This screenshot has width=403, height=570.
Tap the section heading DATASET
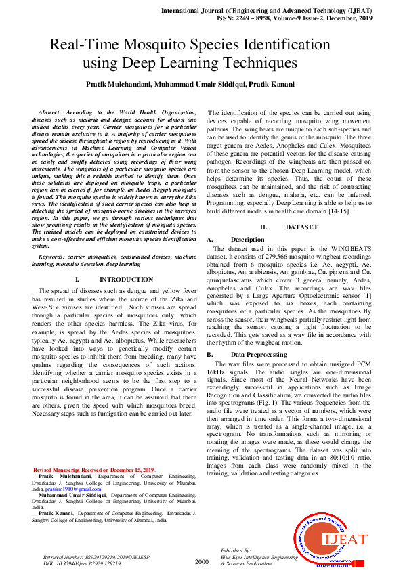(x=301, y=227)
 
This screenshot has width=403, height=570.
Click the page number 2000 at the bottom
(x=202, y=562)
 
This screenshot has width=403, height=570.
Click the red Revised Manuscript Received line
(x=94, y=470)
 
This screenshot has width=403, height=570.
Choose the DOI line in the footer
(x=82, y=563)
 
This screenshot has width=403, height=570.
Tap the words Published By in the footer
(x=235, y=552)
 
